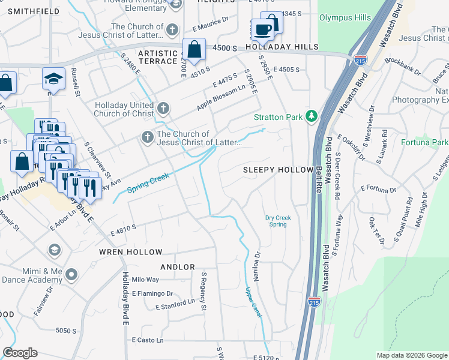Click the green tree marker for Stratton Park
point(311,116)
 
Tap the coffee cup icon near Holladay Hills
point(262,29)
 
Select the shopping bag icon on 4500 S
point(194,50)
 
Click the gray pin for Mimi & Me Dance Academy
point(72,275)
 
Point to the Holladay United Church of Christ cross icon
point(163,109)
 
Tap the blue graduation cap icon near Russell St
point(53,78)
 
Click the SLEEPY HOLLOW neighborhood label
point(277,170)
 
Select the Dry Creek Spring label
point(276,221)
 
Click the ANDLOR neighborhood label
point(178,266)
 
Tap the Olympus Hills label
point(345,18)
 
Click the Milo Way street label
point(145,280)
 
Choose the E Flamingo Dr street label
point(152,294)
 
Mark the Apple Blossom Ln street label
point(221,98)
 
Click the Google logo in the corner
point(20,353)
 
